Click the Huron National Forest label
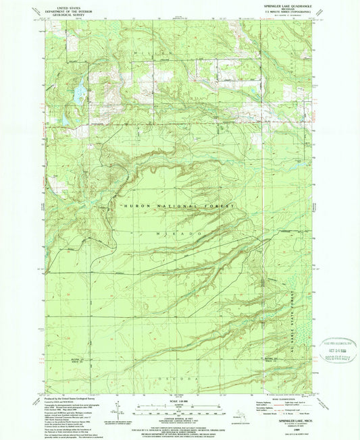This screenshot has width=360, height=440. [177, 205]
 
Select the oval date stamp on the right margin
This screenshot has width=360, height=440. [335, 351]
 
